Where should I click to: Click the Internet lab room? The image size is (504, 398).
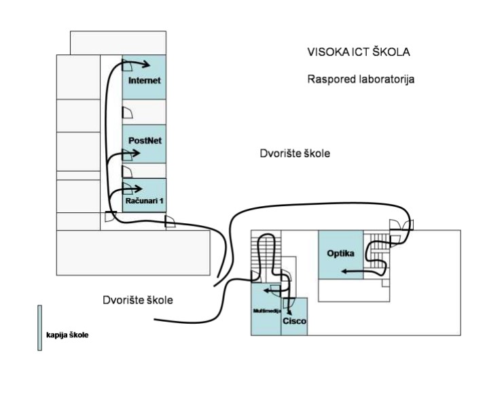pyautogui.click(x=143, y=80)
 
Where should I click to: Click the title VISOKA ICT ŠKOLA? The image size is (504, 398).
pyautogui.click(x=359, y=52)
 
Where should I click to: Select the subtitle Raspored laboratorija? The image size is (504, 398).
pyautogui.click(x=361, y=79)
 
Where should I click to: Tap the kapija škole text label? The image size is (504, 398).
pyautogui.click(x=67, y=335)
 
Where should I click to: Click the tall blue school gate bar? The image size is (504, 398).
pyautogui.click(x=39, y=327)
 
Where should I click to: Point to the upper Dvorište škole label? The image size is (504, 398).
pyautogui.click(x=294, y=153)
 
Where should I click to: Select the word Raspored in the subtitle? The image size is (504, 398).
pyautogui.click(x=327, y=79)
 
